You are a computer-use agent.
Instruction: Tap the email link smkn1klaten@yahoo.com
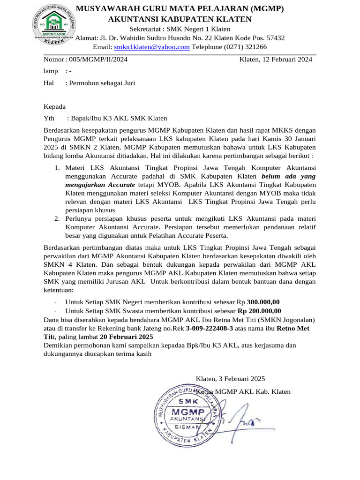[x=151, y=47]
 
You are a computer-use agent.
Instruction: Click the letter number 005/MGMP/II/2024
[x=98, y=60]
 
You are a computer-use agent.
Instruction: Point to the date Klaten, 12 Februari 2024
[x=276, y=60]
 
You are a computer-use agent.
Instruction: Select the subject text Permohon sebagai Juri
[x=102, y=83]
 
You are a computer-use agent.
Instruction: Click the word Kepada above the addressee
[x=55, y=106]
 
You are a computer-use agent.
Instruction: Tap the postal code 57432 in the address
[x=274, y=38]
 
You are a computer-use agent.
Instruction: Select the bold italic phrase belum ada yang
[x=289, y=176]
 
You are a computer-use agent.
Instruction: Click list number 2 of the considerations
[x=56, y=218]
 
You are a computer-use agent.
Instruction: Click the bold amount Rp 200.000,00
[x=259, y=311]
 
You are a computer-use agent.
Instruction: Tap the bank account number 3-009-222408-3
[x=209, y=328]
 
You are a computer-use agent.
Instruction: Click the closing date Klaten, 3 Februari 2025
[x=230, y=379]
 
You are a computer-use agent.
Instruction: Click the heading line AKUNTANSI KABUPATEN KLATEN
[x=180, y=19]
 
